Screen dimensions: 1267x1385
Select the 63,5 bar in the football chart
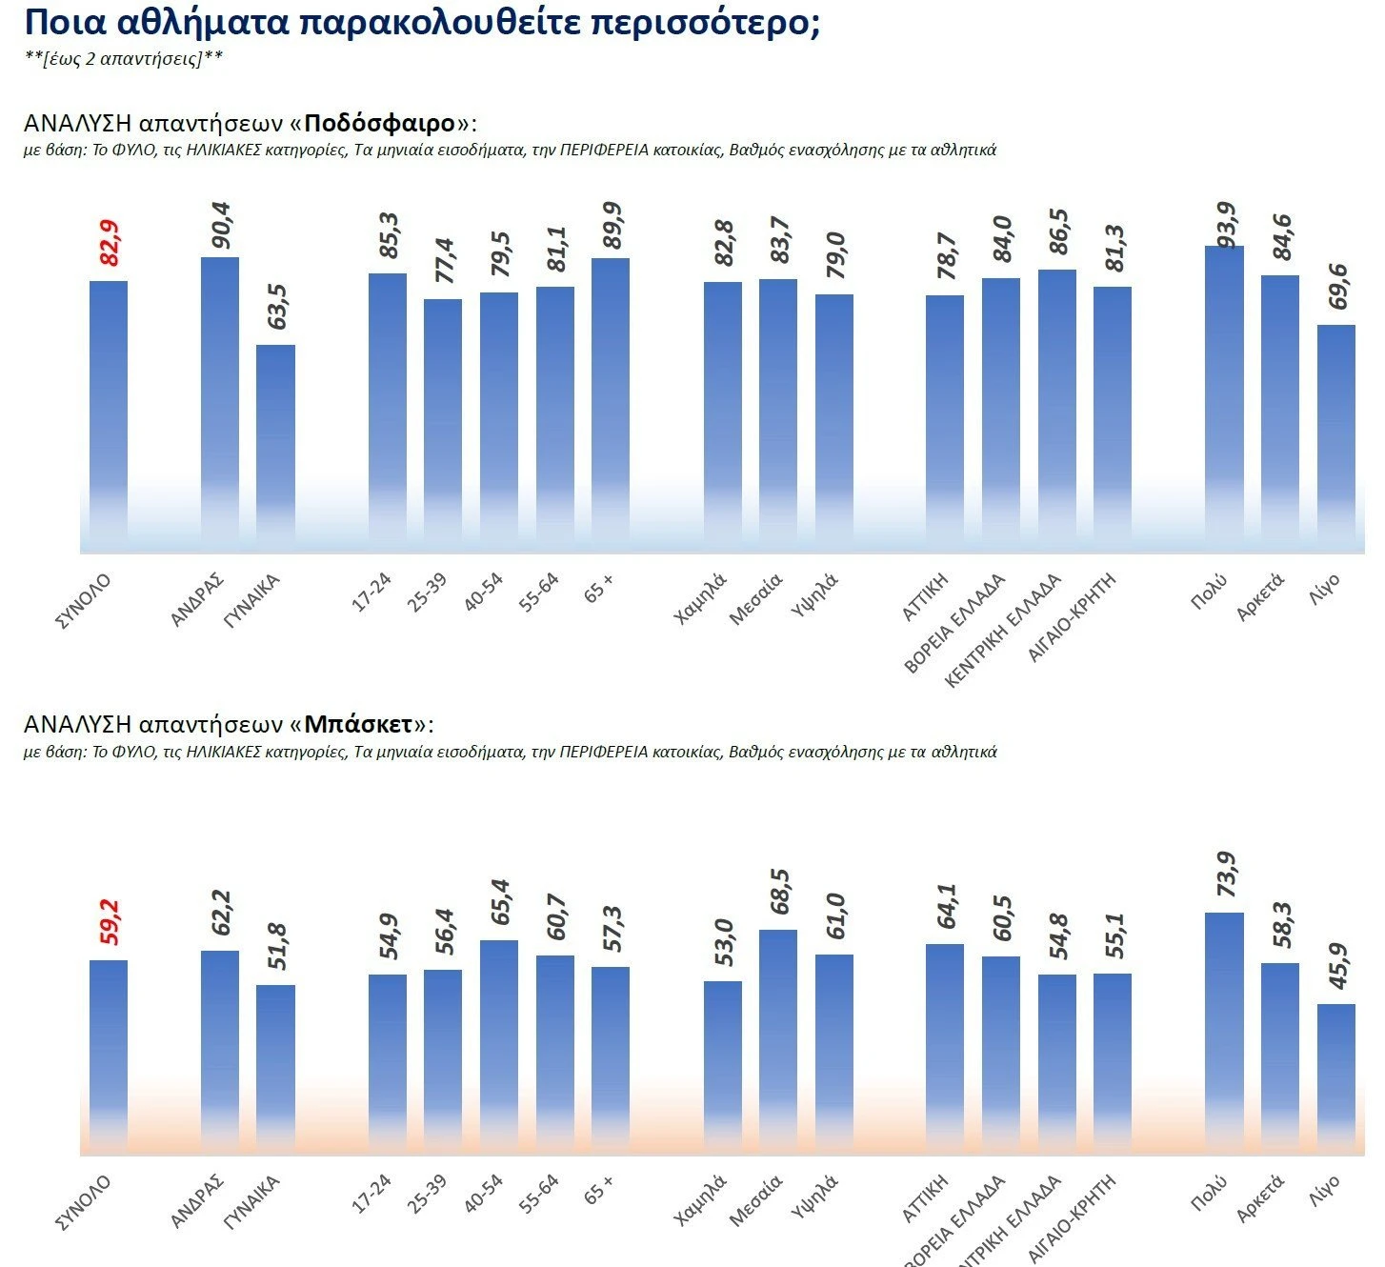[275, 448]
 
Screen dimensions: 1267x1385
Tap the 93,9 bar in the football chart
[1224, 400]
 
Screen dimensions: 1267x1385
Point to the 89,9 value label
[612, 225]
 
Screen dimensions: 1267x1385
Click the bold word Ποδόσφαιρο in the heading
[380, 124]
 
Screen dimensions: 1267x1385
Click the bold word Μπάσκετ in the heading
[359, 724]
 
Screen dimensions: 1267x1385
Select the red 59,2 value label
[110, 922]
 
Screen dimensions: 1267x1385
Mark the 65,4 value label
[500, 902]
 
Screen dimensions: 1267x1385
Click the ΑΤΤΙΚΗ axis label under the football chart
[925, 597]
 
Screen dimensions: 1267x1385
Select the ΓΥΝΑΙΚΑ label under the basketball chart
[251, 1202]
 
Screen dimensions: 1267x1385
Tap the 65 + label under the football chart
[599, 588]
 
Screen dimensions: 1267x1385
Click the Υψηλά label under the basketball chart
[814, 1197]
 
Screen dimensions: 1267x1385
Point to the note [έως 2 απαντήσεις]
[124, 58]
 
